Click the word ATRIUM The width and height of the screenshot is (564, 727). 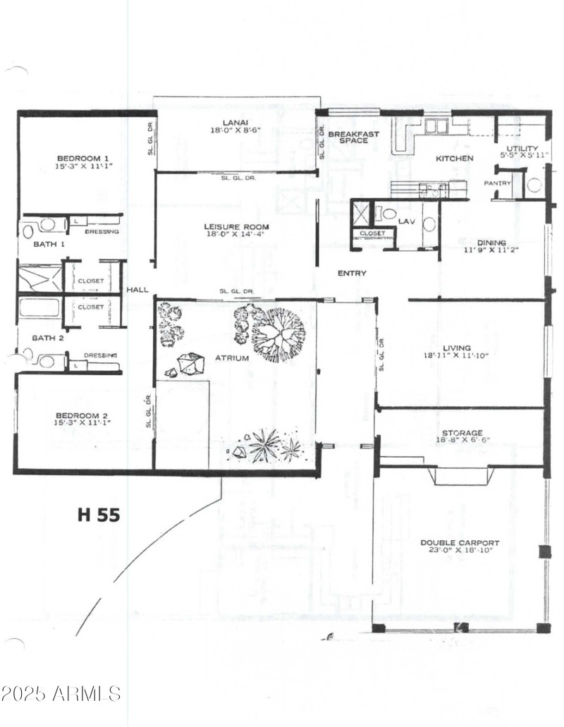[232, 358]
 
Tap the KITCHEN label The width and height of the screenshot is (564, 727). [454, 159]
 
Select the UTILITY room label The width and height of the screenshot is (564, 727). [522, 148]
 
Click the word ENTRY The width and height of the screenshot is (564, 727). [351, 274]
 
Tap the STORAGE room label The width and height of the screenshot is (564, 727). [462, 433]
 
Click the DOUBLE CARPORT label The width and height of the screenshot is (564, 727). [460, 543]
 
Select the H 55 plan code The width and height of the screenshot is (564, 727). [98, 515]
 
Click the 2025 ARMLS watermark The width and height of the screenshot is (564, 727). [61, 693]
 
